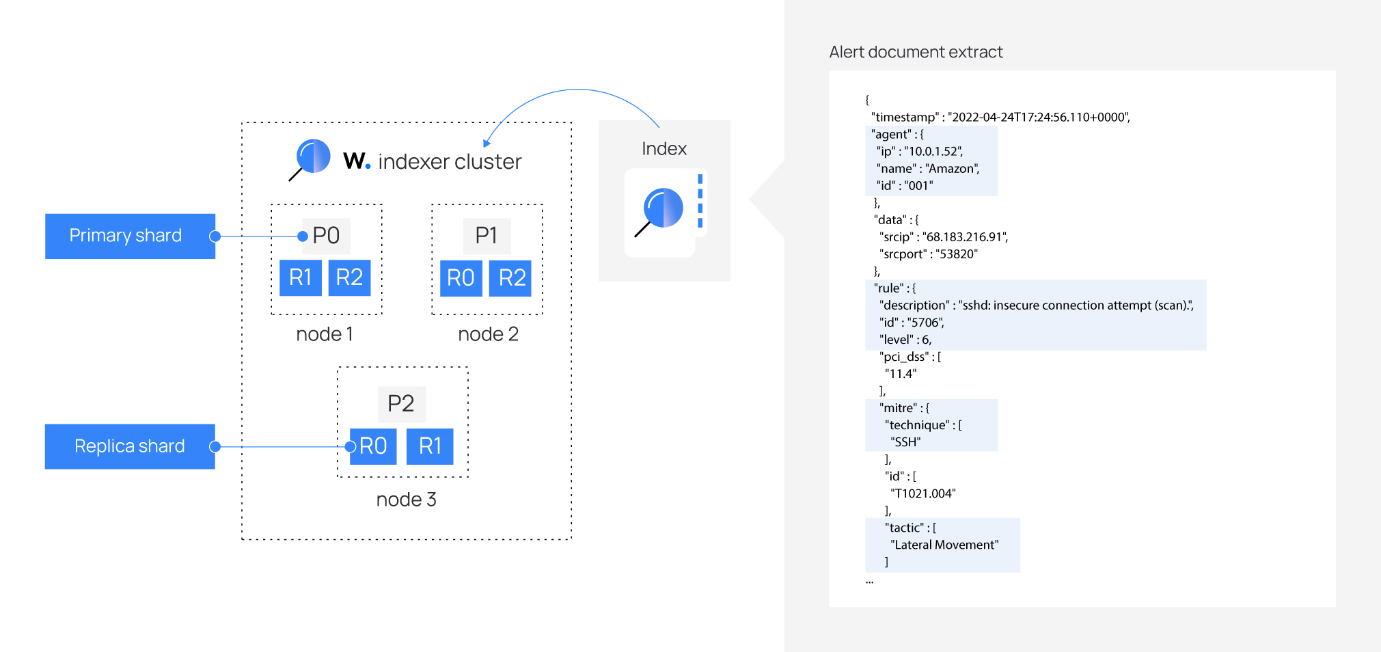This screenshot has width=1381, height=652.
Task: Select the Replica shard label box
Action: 130,446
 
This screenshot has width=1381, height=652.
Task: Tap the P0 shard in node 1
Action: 327,236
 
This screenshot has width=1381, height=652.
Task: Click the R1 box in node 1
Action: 301,277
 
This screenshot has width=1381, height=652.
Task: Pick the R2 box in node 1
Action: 349,277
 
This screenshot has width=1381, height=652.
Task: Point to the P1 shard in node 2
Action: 487,236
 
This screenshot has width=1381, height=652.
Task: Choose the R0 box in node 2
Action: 461,278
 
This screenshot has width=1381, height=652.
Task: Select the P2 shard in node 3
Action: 401,404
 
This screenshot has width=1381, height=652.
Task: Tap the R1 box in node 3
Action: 430,446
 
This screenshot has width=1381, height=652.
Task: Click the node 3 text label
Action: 406,500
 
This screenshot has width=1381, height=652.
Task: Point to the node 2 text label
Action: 488,334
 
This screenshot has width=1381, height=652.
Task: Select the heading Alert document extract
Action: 916,52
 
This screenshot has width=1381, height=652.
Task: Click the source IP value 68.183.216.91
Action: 965,237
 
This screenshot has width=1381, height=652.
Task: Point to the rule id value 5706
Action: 925,323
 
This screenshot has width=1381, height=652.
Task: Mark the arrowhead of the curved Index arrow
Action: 487,143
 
